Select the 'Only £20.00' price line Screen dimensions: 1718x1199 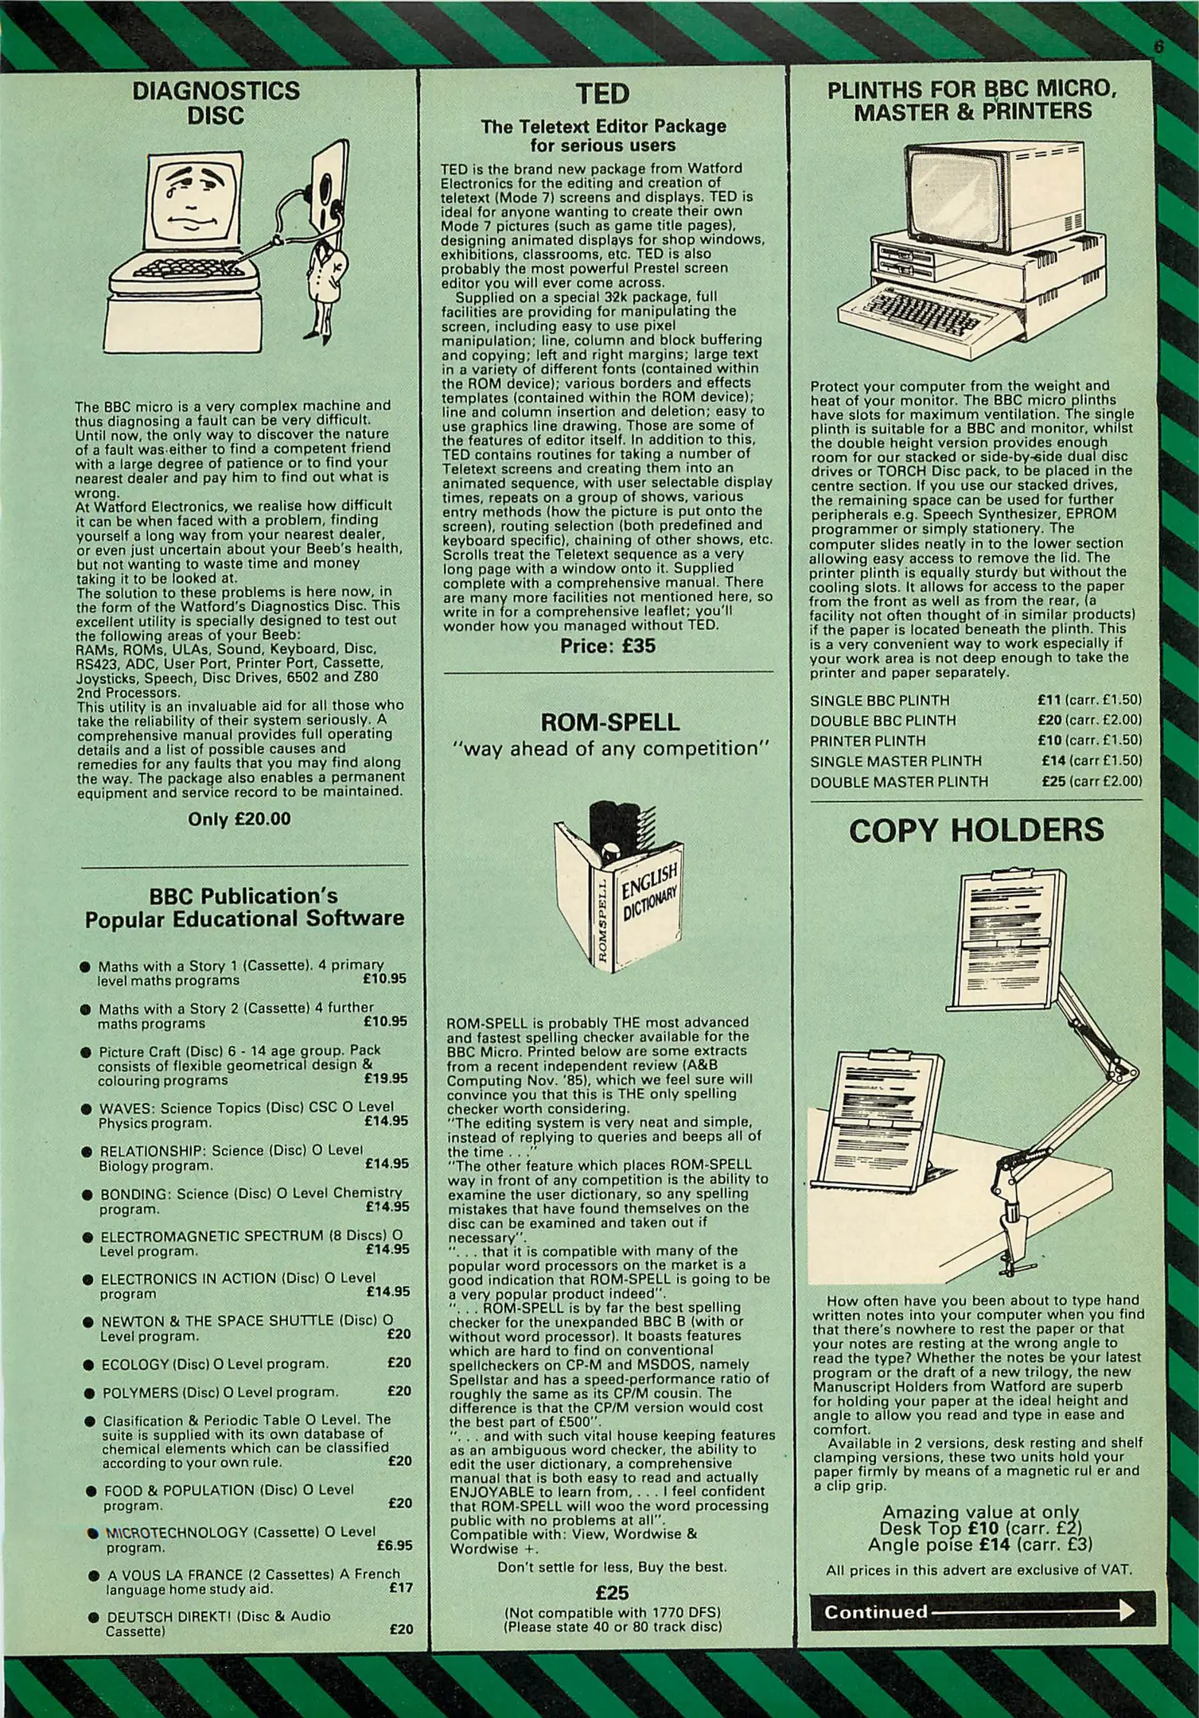coord(239,818)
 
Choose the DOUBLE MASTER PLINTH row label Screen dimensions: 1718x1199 coord(898,781)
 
